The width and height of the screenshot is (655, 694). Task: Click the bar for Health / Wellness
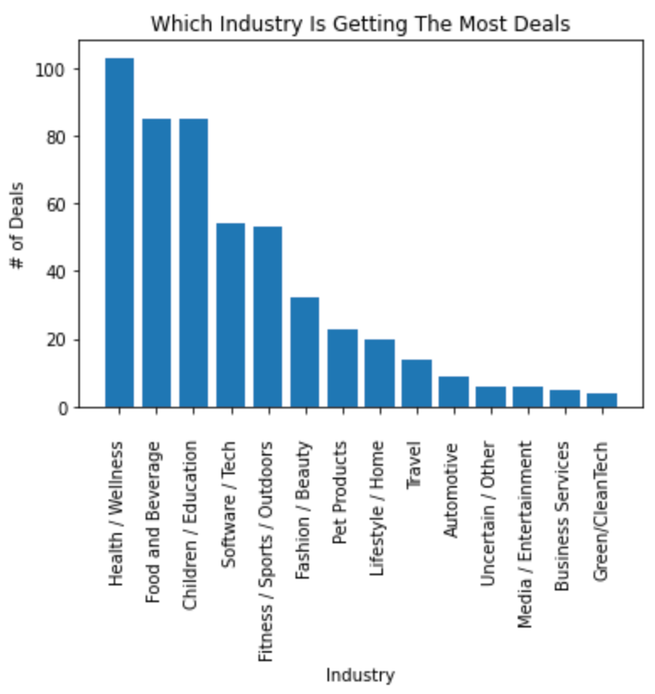coord(120,232)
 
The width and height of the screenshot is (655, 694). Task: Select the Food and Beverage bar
coord(157,263)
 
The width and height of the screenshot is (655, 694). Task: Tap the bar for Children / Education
coord(194,263)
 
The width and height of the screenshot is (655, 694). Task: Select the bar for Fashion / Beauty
coord(305,352)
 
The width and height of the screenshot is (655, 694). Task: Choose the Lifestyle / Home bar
coord(379,373)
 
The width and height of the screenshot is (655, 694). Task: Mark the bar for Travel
coord(416,383)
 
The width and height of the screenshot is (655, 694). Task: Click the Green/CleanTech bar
coord(602,400)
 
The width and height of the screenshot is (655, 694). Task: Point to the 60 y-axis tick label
coord(57,204)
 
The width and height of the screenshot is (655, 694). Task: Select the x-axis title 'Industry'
coord(360,675)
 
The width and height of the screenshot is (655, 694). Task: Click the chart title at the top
coord(360,24)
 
